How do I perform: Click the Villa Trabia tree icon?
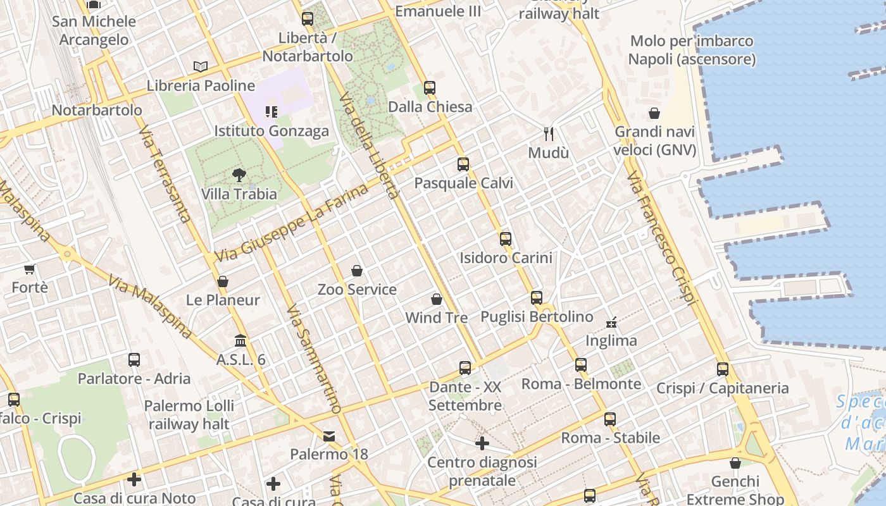(x=239, y=175)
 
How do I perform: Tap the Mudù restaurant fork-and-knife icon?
(x=549, y=133)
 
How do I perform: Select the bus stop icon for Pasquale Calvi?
(x=463, y=164)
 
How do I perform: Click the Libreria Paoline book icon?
(x=201, y=66)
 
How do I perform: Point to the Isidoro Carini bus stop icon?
(x=505, y=238)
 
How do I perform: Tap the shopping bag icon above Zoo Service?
(x=357, y=271)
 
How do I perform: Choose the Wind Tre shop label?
(x=436, y=318)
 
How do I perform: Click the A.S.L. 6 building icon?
(x=240, y=341)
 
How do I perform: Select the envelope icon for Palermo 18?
(x=329, y=436)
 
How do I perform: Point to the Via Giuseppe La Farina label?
(x=292, y=223)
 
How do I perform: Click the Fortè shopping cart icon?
(x=29, y=269)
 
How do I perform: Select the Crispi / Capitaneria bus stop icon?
(x=723, y=369)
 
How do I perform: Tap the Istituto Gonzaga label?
(x=271, y=131)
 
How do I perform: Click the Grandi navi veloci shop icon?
(x=654, y=113)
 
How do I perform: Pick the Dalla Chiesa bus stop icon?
(x=430, y=87)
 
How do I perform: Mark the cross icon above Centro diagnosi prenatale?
(x=482, y=443)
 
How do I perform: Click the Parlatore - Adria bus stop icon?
(x=134, y=359)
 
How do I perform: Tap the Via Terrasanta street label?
(x=165, y=174)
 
